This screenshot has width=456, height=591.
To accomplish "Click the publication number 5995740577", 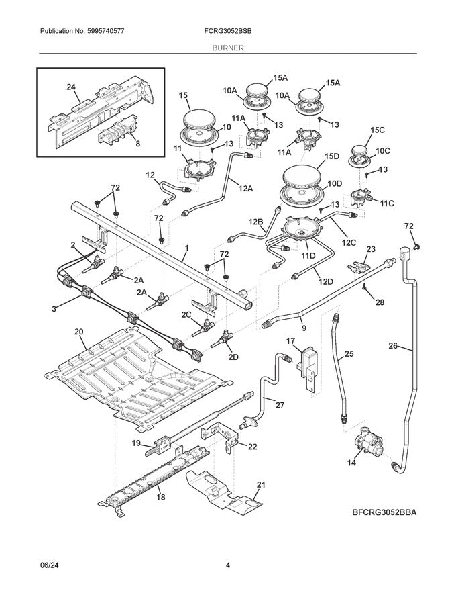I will [103, 32].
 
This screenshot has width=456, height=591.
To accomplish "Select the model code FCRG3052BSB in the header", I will [229, 32].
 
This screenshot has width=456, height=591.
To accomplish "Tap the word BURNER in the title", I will [228, 48].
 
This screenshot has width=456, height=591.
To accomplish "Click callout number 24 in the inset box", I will [72, 87].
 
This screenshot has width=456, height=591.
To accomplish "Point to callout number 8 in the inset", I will [137, 142].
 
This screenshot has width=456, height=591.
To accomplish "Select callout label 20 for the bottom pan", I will [78, 332].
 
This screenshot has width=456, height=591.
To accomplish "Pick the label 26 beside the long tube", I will [394, 347].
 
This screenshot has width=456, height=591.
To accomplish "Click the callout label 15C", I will [378, 130].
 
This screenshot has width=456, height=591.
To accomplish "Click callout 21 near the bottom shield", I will [261, 484].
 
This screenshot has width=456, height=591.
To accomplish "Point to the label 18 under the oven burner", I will [160, 496].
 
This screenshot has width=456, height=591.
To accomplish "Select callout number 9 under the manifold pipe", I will [303, 328].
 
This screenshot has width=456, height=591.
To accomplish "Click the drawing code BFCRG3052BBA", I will [385, 513].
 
